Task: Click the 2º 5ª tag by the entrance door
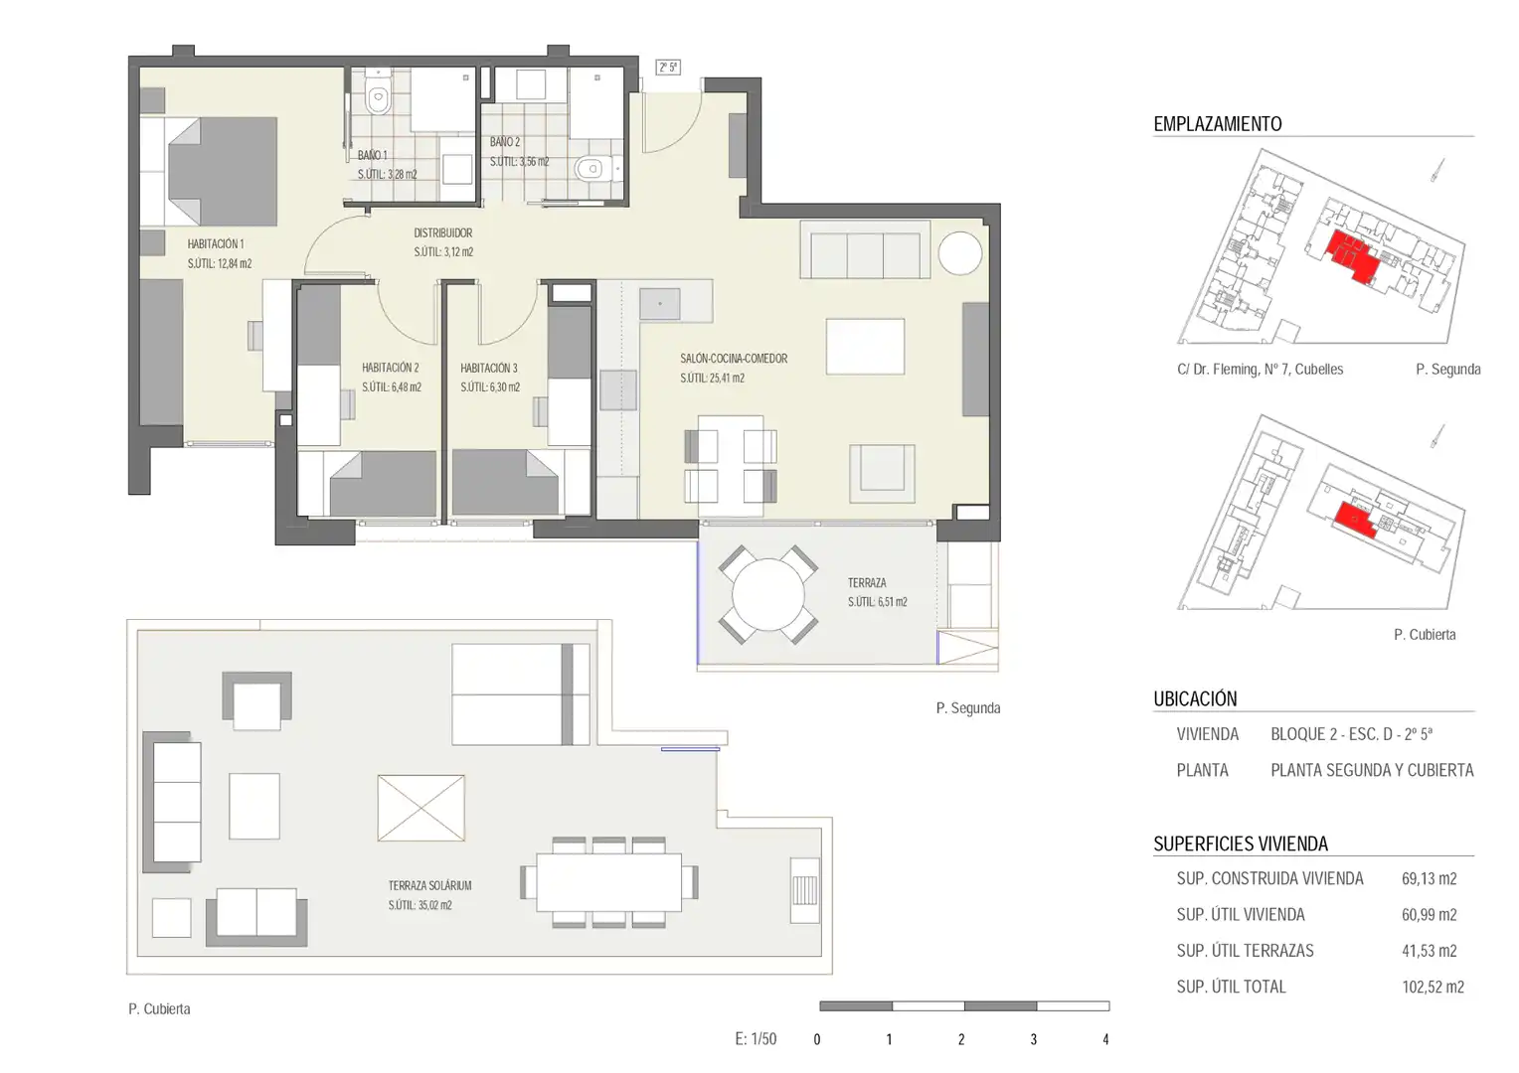[668, 68]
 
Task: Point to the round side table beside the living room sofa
[959, 252]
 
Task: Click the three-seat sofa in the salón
[865, 249]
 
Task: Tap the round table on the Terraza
[767, 595]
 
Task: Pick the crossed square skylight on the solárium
[422, 808]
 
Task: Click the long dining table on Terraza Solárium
[609, 882]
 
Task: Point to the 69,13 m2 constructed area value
[1429, 879]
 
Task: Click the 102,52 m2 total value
[1433, 987]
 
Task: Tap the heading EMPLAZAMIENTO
[1217, 124]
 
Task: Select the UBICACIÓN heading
[1195, 698]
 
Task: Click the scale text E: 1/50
[756, 1039]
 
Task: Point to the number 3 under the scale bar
[1034, 1039]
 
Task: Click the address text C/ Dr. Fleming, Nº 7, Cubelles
[1260, 370]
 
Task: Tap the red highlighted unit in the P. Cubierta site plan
[1355, 520]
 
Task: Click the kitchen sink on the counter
[660, 304]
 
